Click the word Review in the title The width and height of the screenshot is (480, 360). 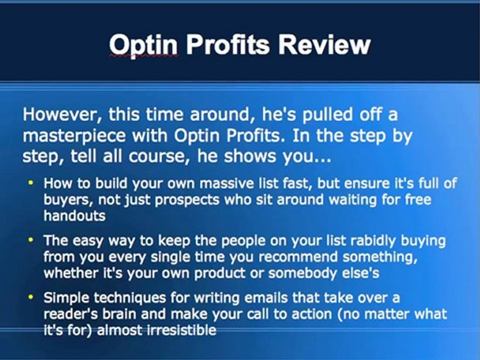[x=324, y=45]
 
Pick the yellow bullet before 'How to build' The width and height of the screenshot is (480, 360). [x=31, y=183]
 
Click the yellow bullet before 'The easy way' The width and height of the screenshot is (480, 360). [x=31, y=240]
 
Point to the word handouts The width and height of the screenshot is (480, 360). [x=74, y=216]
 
